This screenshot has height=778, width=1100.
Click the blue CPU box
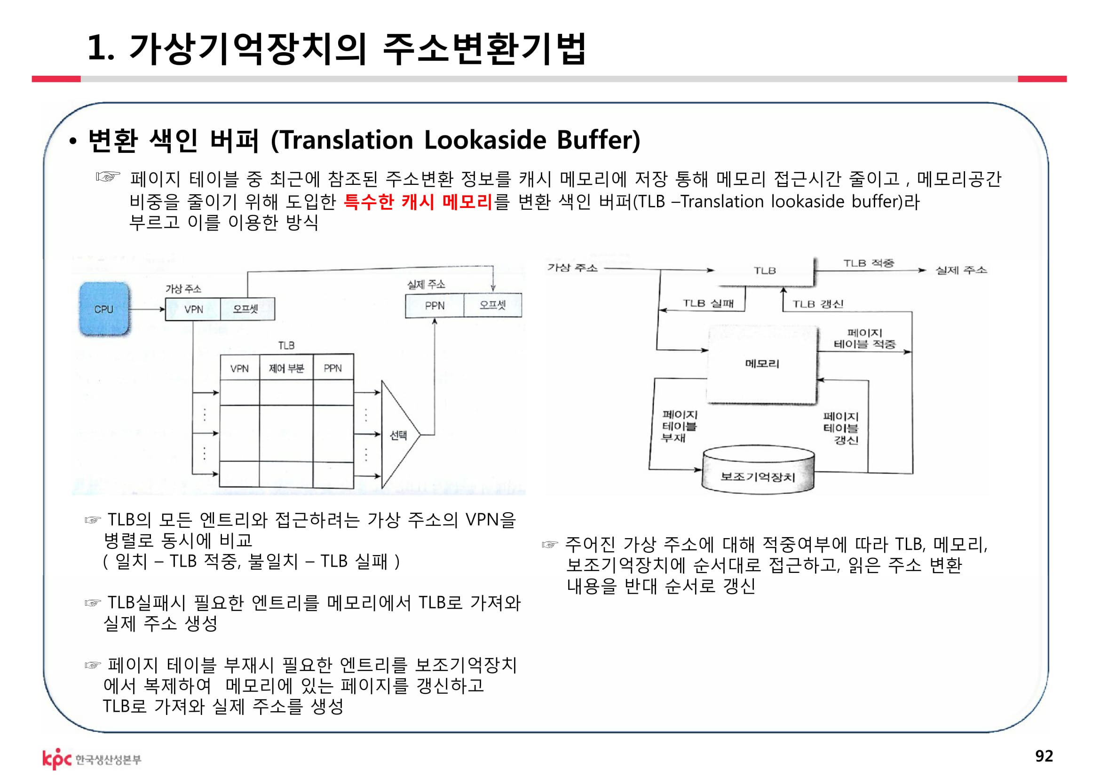(x=104, y=309)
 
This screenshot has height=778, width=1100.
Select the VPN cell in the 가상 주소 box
(x=193, y=309)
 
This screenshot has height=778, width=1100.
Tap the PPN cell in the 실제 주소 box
(x=435, y=306)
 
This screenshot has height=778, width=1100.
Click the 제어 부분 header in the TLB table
(x=286, y=368)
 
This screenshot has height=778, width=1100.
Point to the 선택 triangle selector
(x=398, y=435)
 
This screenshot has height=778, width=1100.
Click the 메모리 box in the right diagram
(x=762, y=364)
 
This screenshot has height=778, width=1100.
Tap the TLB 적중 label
(x=868, y=263)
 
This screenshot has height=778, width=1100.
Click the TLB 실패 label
(x=708, y=303)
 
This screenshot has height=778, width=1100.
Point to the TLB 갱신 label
(x=817, y=304)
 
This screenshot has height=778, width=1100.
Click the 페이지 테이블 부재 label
(x=679, y=426)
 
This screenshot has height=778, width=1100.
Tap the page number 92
(x=1044, y=755)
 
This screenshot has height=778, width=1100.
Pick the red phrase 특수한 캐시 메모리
(x=418, y=202)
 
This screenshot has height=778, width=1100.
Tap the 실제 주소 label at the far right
(x=961, y=270)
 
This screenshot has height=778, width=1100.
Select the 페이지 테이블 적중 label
(x=864, y=338)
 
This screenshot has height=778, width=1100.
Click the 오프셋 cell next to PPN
(x=492, y=305)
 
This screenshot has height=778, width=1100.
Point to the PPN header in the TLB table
(x=332, y=368)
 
